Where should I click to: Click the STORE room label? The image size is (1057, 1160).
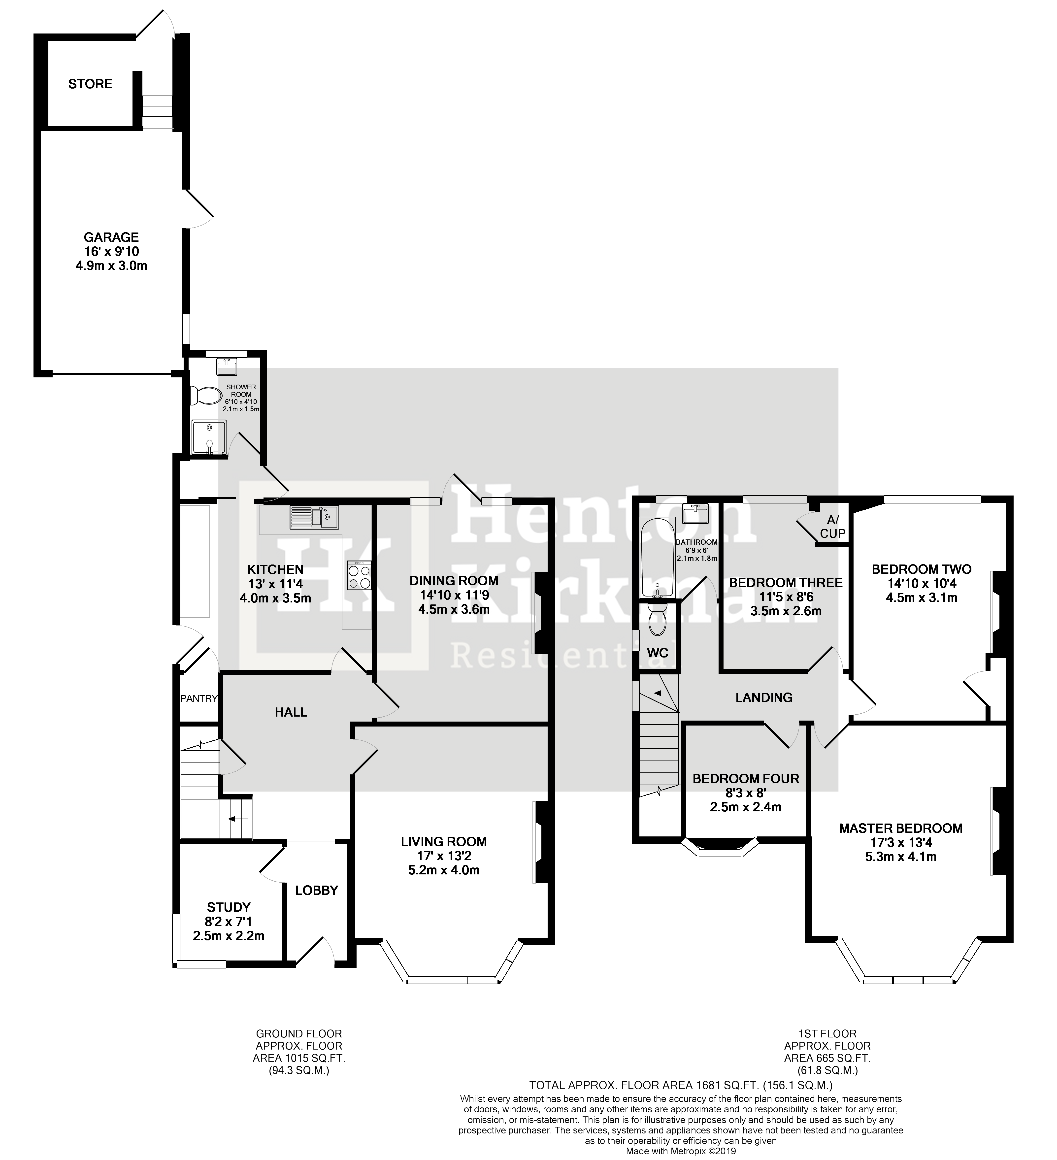(x=90, y=84)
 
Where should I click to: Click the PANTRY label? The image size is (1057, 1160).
(x=198, y=698)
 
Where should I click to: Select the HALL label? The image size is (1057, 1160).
(x=291, y=712)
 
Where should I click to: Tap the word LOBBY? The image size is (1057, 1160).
(x=316, y=890)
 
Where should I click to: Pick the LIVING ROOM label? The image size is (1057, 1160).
(x=444, y=842)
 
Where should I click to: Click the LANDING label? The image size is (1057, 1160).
(x=763, y=697)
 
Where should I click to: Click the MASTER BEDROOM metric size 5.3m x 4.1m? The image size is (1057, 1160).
(x=900, y=857)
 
